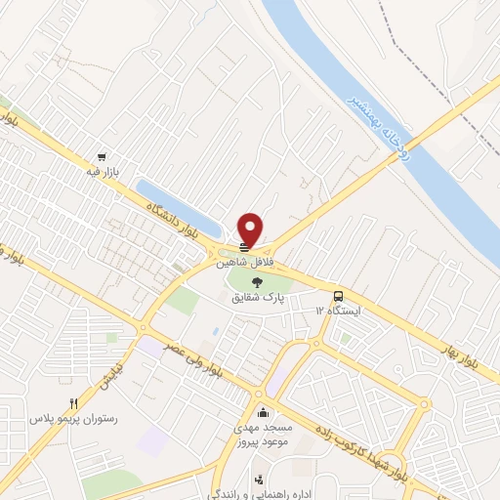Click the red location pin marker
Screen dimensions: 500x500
pos(251,229)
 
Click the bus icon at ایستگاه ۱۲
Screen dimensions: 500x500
pos(338,295)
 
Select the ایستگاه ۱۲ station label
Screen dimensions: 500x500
pos(338,310)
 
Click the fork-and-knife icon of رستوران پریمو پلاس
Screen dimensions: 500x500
pos(72,403)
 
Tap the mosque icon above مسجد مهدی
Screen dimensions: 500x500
pos(261,411)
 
